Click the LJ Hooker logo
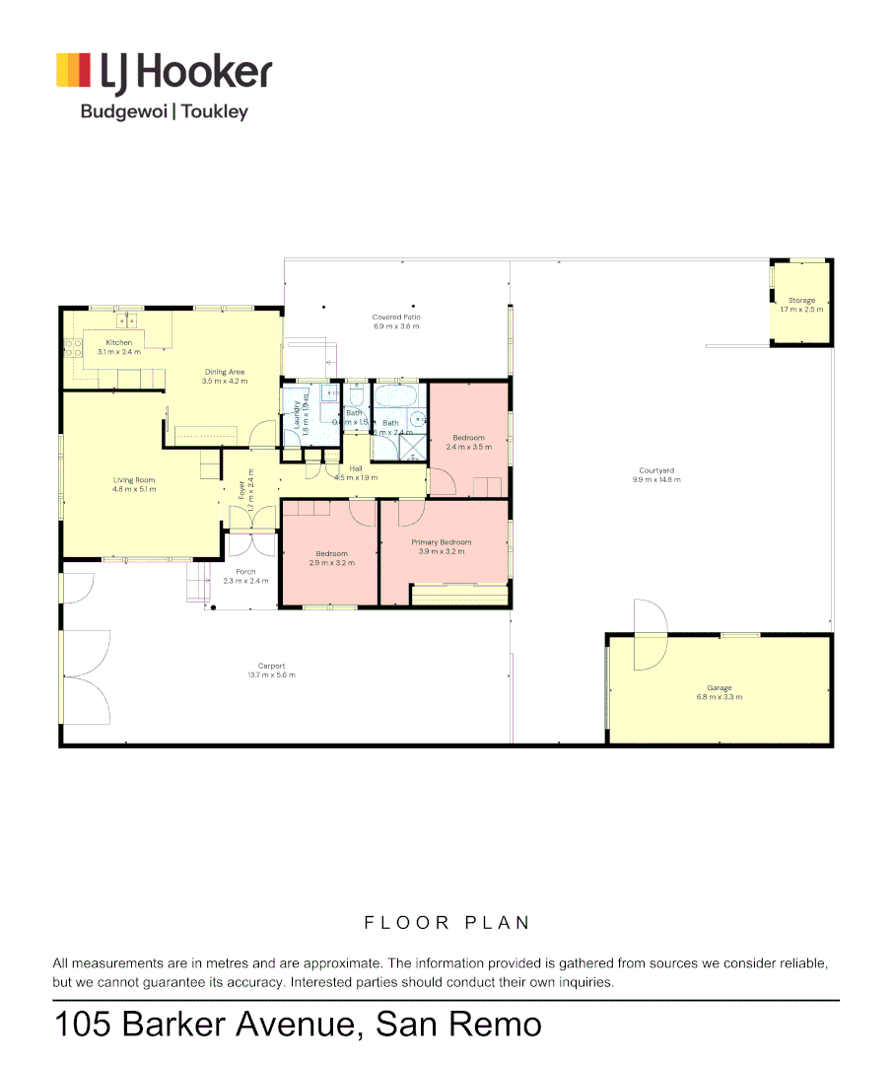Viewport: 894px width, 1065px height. [163, 73]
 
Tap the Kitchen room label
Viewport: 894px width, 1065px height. [119, 342]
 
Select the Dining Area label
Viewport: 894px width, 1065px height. [224, 372]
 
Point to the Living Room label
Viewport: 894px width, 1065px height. [134, 480]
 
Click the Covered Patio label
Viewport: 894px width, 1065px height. [395, 318]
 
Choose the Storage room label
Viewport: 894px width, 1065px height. [800, 301]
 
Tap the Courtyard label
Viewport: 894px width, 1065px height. [656, 470]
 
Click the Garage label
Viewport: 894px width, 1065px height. [719, 688]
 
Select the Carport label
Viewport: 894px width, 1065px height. [271, 666]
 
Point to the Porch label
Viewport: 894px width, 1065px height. [245, 572]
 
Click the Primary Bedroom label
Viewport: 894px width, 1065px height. [441, 542]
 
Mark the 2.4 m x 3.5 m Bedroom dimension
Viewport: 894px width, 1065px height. [468, 447]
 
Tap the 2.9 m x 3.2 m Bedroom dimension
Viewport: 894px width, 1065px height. [331, 563]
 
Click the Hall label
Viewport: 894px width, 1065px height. [356, 468]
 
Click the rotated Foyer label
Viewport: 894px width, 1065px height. [241, 489]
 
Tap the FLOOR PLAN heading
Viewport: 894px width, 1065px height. [447, 923]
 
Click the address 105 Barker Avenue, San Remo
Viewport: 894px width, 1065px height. [298, 1024]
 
